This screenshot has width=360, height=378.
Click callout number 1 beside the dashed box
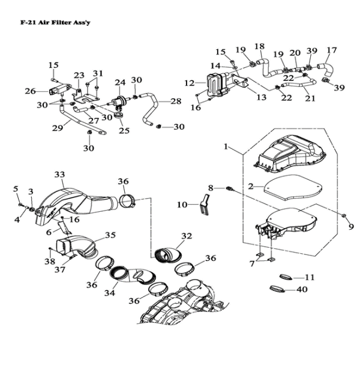tap(226, 146)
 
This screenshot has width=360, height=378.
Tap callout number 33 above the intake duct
tap(59, 174)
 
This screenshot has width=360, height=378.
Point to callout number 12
tap(190, 83)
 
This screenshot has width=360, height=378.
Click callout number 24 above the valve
tap(119, 82)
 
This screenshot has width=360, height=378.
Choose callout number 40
tap(301, 289)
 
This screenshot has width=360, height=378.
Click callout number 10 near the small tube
tap(182, 205)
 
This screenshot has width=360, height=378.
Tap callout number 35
tap(110, 235)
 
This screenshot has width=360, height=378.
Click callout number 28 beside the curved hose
tap(175, 101)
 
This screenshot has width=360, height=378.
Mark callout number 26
tap(30, 91)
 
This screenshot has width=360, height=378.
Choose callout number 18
tap(259, 47)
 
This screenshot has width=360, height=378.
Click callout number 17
tap(331, 50)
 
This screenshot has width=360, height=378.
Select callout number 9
tap(351, 227)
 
